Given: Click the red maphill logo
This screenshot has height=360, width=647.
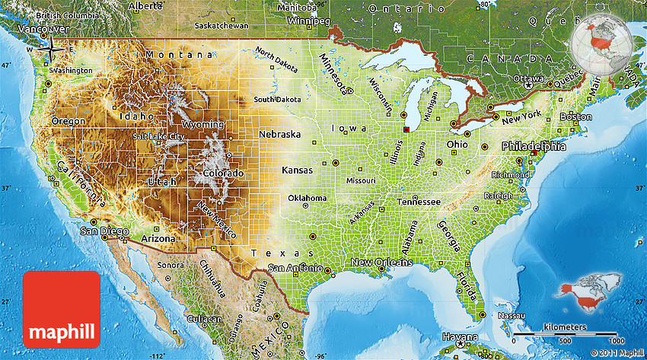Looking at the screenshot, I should tap(62, 308).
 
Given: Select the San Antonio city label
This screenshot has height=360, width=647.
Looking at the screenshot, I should tap(295, 269).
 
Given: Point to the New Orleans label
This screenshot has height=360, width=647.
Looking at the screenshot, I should tap(381, 263).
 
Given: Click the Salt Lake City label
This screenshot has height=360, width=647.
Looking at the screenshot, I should tap(158, 136).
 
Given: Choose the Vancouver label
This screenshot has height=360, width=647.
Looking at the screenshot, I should tap(21, 29).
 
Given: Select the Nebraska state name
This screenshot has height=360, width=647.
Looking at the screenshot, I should tap(279, 134).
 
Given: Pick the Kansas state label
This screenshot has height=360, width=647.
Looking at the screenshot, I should tap(298, 170).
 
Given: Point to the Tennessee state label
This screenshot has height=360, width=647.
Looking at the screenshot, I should tap(418, 202).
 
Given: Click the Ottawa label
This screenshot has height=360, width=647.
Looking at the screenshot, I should tap(528, 78).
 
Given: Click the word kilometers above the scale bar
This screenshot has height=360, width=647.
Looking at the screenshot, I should tap(565, 327).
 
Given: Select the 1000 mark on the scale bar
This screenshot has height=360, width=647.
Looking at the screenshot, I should tap(615, 341).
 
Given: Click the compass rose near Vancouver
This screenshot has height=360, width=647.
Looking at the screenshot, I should tap(51, 49).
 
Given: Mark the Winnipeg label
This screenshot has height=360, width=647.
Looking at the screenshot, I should tap(304, 21).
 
